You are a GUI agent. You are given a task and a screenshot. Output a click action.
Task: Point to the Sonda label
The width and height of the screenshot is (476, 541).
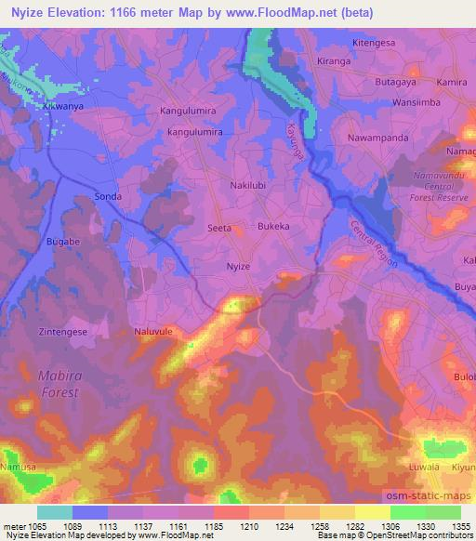point(109,197)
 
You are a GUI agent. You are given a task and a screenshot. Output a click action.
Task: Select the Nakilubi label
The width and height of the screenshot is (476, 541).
point(250,185)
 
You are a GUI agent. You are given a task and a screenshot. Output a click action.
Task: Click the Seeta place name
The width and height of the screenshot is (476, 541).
point(218,227)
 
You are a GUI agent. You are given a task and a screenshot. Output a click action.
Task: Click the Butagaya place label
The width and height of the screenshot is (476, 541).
point(390,82)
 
